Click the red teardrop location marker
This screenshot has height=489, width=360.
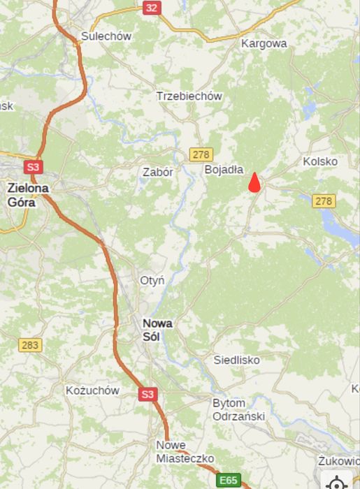click(254, 182)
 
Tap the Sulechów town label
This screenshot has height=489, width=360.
click(106, 37)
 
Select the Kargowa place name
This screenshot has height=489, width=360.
click(264, 43)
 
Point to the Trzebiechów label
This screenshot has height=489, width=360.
click(189, 96)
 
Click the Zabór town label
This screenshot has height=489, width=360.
click(157, 172)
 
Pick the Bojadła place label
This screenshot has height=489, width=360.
click(224, 170)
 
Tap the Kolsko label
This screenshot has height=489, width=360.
click(320, 161)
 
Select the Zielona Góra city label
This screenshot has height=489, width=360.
click(28, 195)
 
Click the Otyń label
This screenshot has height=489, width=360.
click(152, 281)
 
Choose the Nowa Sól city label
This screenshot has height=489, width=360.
click(157, 329)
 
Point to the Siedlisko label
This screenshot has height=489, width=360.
click(236, 360)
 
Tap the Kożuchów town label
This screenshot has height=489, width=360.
click(92, 391)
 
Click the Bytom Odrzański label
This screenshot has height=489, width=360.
click(238, 410)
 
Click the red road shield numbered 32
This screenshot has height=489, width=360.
click(152, 8)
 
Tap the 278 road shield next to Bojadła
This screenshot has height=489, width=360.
click(201, 154)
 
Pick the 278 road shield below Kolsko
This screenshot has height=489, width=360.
click(324, 201)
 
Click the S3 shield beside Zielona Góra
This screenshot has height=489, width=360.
click(33, 167)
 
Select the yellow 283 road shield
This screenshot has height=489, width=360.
click(30, 345)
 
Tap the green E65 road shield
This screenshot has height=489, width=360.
click(229, 481)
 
